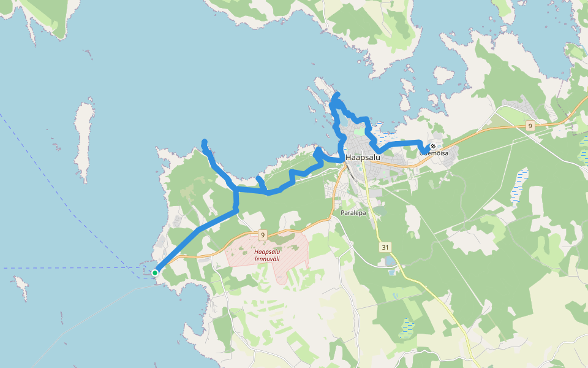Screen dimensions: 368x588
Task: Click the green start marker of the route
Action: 155,273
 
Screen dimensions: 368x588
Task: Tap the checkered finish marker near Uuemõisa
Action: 433,146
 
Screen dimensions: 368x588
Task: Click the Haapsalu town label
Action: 363,158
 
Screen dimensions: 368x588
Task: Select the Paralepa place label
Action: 353,213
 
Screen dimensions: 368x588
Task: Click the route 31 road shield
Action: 385,247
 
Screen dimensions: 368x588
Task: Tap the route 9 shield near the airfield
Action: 262,235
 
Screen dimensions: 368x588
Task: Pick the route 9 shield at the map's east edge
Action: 530,125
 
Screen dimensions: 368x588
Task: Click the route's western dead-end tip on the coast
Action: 204,142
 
